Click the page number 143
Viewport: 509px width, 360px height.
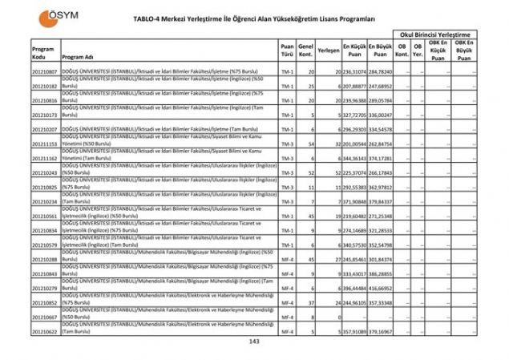tap(254, 342)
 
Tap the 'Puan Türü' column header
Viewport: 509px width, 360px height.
tap(286, 51)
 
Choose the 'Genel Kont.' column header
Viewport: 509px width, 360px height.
tap(305, 51)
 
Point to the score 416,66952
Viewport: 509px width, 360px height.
tap(381, 288)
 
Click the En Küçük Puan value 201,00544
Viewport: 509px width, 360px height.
tap(356, 144)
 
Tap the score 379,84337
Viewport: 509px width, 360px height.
tap(381, 201)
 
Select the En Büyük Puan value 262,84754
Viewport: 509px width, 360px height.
tap(381, 144)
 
